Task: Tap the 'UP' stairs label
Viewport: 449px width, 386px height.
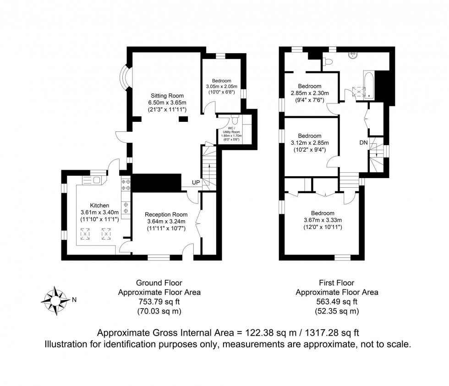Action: pyautogui.click(x=196, y=183)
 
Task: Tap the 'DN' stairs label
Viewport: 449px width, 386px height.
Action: pyautogui.click(x=363, y=143)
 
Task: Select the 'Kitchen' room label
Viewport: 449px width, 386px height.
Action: pyautogui.click(x=99, y=205)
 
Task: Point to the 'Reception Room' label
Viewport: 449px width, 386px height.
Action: pyautogui.click(x=166, y=214)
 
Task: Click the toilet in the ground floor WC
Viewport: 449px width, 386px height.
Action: pyautogui.click(x=235, y=120)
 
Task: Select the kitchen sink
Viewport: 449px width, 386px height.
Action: pyautogui.click(x=94, y=180)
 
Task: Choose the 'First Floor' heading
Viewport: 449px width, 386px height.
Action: pyautogui.click(x=337, y=283)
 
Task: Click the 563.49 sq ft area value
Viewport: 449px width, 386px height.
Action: pyautogui.click(x=337, y=301)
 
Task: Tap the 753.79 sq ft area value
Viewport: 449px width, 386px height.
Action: pyautogui.click(x=159, y=301)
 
